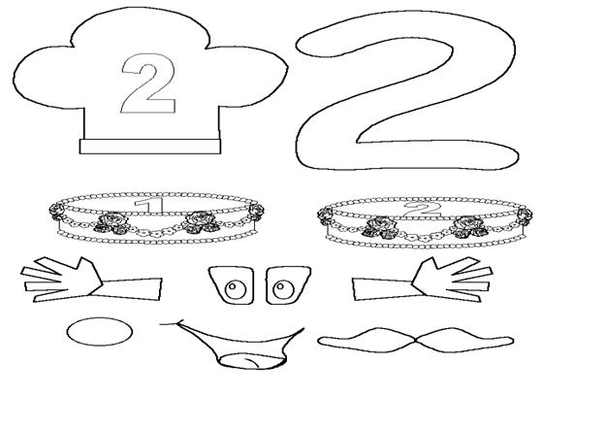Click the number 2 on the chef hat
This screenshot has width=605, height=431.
(148, 83)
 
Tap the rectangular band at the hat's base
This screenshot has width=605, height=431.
(150, 147)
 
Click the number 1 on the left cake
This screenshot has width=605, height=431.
(149, 205)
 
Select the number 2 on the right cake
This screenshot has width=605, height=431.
(423, 210)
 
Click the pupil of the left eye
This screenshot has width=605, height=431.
(233, 286)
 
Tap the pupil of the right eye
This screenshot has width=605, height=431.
(279, 286)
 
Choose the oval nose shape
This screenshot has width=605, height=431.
(100, 332)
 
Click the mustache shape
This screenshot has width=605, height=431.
(416, 341)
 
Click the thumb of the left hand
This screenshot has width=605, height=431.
(87, 268)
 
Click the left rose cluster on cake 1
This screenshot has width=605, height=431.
(112, 223)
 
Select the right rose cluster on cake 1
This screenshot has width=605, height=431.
(201, 222)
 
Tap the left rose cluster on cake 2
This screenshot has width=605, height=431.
(380, 227)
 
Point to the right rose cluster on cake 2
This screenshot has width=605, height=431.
(469, 226)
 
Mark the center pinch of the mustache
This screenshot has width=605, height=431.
(416, 340)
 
